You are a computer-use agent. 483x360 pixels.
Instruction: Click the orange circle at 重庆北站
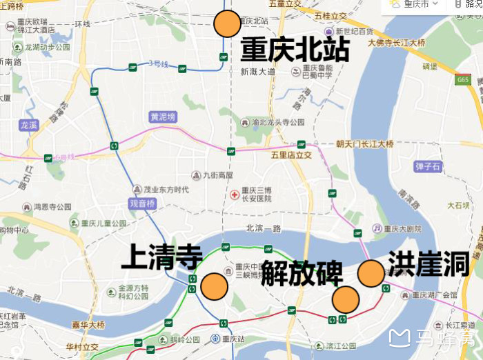[227, 24]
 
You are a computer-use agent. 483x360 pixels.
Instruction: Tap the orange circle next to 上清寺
[214, 286]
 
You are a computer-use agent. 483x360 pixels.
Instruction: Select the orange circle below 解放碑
[346, 299]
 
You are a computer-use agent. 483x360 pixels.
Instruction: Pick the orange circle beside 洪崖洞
[371, 273]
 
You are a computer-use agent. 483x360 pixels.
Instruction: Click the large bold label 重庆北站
[295, 50]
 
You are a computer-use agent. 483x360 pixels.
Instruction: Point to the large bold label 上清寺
[161, 259]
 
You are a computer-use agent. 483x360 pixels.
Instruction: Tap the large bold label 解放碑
[302, 273]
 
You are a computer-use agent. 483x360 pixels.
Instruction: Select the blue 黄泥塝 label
[164, 117]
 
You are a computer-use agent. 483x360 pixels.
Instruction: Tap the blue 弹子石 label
[428, 166]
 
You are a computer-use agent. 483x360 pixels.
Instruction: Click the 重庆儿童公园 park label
[103, 223]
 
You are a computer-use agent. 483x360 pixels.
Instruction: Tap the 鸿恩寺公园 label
[52, 206]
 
